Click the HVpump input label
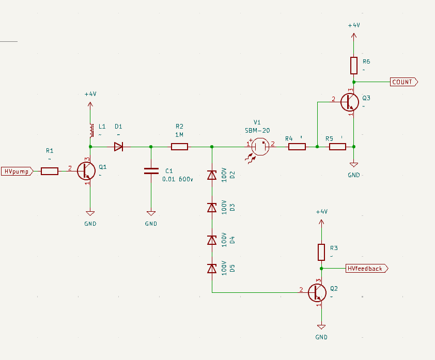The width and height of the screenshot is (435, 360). click(x=17, y=171)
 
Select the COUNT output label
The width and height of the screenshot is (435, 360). click(x=403, y=82)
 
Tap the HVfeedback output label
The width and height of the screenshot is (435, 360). click(x=367, y=269)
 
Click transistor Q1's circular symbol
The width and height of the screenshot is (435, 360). click(x=86, y=171)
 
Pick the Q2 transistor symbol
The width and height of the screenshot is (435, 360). click(x=317, y=293)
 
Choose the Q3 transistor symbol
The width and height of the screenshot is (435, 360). click(x=350, y=102)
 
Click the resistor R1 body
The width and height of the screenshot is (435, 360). click(x=50, y=171)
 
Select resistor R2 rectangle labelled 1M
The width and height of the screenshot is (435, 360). click(x=179, y=147)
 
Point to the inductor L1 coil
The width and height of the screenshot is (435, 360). click(x=91, y=130)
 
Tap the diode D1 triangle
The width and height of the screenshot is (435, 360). click(x=118, y=147)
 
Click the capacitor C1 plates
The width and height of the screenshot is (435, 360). click(x=151, y=171)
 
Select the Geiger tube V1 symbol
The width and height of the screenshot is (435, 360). click(x=260, y=147)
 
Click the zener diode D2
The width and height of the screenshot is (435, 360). click(x=212, y=175)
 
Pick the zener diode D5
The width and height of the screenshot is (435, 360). click(x=212, y=269)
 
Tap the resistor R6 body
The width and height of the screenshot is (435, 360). click(x=354, y=66)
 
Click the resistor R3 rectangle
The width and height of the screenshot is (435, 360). click(x=321, y=252)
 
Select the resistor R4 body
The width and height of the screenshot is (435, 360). click(x=297, y=147)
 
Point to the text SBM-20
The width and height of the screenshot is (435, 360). click(x=257, y=130)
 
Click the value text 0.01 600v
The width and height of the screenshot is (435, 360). click(x=178, y=179)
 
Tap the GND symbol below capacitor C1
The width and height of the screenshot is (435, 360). click(x=151, y=213)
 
